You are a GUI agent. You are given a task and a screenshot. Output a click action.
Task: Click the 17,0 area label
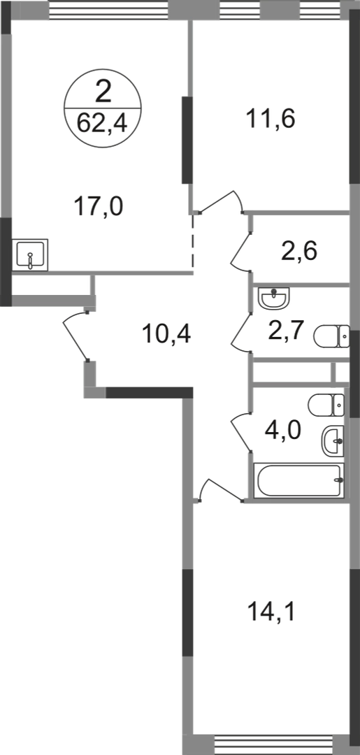(x=99, y=208)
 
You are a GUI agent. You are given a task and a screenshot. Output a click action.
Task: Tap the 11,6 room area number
(x=271, y=118)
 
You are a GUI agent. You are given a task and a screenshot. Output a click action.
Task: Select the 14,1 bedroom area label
(x=271, y=612)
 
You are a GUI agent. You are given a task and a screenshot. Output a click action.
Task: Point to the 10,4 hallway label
(x=166, y=333)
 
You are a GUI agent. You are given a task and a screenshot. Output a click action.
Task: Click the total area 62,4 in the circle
(x=103, y=124)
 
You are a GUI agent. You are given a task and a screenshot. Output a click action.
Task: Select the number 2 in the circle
(x=103, y=92)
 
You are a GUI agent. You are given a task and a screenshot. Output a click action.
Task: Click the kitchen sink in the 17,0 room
(x=30, y=254)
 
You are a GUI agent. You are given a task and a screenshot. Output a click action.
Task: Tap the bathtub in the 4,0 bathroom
(x=299, y=480)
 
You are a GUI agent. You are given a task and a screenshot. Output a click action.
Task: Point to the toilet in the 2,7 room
(x=331, y=336)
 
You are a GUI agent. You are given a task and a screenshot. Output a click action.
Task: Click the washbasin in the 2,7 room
(x=274, y=298)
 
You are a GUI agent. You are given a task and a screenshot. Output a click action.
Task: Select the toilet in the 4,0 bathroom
(x=326, y=405)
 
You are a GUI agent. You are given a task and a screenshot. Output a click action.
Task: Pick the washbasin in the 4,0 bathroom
(x=333, y=440)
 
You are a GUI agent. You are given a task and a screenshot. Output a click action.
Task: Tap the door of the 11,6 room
(x=222, y=199)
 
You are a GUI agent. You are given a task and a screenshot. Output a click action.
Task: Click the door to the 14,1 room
(x=222, y=489)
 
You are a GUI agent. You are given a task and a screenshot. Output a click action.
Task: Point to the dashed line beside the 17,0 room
(x=193, y=240)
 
